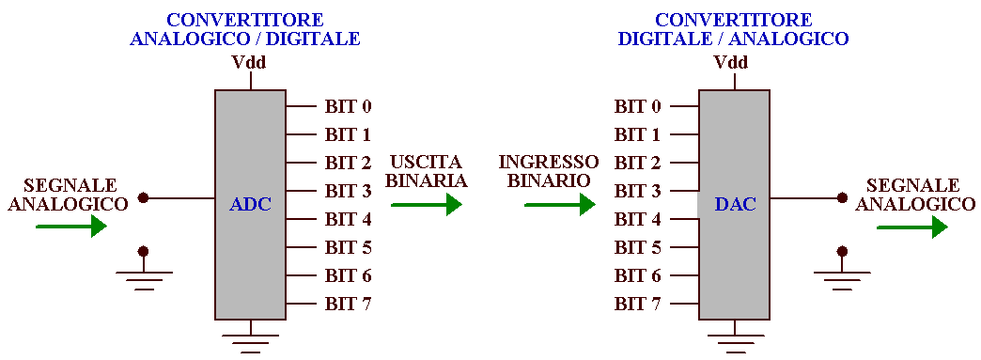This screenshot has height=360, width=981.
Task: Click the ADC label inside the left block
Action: [250, 205]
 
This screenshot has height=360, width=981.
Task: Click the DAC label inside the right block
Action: [735, 205]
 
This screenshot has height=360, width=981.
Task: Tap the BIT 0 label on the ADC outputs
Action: [348, 106]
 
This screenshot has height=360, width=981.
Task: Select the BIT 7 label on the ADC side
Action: [348, 304]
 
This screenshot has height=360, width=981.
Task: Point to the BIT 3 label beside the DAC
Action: [638, 191]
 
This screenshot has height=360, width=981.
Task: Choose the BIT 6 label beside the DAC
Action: [638, 275]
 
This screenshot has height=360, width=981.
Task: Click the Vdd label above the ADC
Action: [249, 63]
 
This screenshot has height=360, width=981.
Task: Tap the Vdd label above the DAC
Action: [731, 63]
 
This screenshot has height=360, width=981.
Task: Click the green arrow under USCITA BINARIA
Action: [427, 204]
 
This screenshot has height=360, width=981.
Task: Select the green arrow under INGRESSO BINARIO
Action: [560, 204]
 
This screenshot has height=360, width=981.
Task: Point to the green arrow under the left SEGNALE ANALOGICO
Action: [71, 226]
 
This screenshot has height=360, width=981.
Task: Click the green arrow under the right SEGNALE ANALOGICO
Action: [911, 226]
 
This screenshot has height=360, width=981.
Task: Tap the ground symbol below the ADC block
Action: [250, 339]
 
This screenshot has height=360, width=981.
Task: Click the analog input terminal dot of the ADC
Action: [143, 198]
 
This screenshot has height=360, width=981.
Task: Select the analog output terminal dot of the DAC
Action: [842, 198]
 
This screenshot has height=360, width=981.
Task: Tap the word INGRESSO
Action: [549, 163]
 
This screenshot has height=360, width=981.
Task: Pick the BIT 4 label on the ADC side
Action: [348, 219]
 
